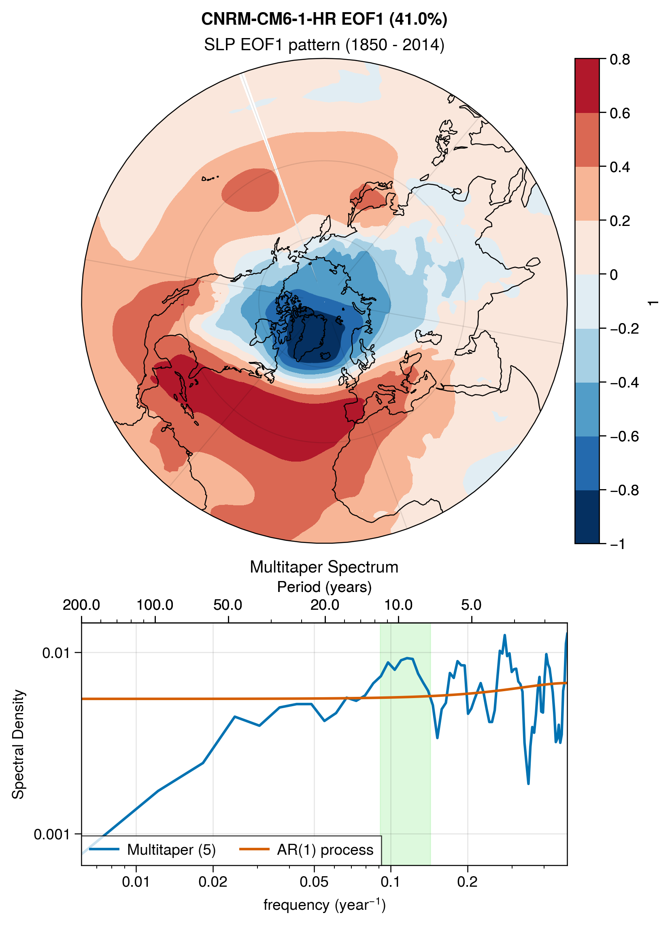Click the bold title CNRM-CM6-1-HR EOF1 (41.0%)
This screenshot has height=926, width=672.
tap(325, 19)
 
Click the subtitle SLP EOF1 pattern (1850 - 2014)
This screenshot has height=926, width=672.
tap(324, 45)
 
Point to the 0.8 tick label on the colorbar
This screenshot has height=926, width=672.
tap(620, 60)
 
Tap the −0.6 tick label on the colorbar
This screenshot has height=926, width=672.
tap(624, 436)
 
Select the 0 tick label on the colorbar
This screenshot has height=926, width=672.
tap(614, 275)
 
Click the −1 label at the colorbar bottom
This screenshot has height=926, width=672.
tap(618, 544)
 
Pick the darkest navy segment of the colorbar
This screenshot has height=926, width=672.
tap(587, 517)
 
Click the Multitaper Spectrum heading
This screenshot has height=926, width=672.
tap(324, 567)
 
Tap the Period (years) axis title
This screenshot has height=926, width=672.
tap(324, 587)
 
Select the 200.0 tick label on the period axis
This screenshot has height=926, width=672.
tap(81, 605)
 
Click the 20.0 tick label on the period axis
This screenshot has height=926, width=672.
tap(325, 605)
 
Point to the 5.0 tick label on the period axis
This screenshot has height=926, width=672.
tap(472, 605)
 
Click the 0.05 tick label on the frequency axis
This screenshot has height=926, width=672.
tap(314, 882)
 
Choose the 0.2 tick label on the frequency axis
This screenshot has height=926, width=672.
tap(468, 882)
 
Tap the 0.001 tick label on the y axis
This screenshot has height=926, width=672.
tap(52, 834)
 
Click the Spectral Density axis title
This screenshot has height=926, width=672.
tap(18, 744)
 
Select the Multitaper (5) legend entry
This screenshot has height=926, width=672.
tap(152, 849)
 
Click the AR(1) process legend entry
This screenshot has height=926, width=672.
tap(306, 849)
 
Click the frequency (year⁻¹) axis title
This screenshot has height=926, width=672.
tap(325, 905)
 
